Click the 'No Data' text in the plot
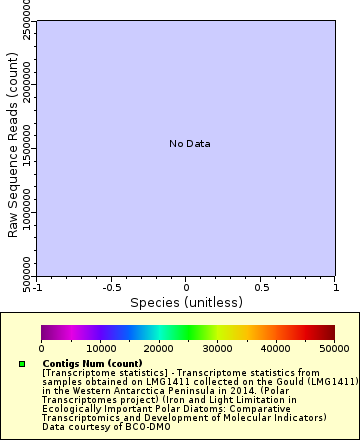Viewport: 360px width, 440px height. [189, 144]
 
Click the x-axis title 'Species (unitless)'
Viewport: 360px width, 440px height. [186, 301]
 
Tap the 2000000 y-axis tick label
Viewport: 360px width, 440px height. [27, 88]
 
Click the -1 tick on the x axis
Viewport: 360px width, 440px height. [36, 286]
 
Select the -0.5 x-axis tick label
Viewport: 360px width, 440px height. [111, 286]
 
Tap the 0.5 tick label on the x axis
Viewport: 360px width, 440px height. [260, 286]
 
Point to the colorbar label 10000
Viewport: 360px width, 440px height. [100, 348]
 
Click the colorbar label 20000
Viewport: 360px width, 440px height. [158, 348]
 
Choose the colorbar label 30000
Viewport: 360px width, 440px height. [217, 348]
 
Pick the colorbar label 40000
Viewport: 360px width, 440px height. [276, 348]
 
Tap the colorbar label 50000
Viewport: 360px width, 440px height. [333, 348]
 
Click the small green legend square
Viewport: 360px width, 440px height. [22, 364]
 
